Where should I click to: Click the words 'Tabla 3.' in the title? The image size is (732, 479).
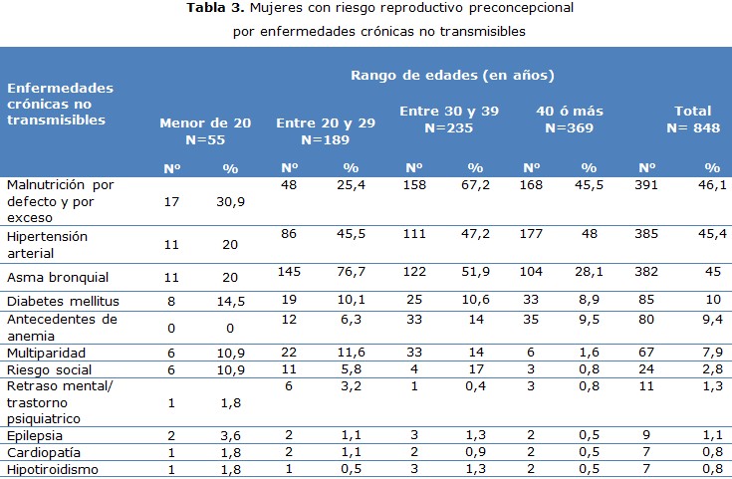(x=215, y=9)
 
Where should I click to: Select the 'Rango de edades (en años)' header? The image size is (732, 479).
(x=452, y=75)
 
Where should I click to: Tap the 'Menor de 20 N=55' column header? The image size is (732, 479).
(x=205, y=130)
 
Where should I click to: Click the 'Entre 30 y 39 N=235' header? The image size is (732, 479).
(x=449, y=120)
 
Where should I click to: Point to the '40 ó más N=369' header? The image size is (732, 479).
(x=569, y=120)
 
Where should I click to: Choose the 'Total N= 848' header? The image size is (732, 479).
(x=692, y=120)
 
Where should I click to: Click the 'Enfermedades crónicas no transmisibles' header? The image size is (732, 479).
(x=60, y=104)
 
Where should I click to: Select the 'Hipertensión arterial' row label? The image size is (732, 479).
(x=47, y=245)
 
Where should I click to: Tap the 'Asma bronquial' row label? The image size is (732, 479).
(x=58, y=277)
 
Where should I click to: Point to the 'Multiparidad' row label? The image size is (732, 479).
(x=47, y=354)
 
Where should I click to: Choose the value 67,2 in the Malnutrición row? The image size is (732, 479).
(x=474, y=185)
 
